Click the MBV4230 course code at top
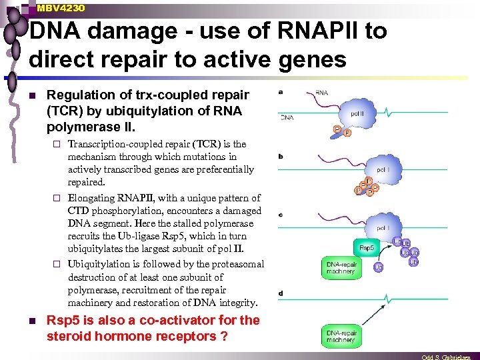(x=61, y=7)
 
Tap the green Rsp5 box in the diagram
(x=367, y=247)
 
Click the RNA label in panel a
(x=321, y=93)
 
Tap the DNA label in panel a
(x=286, y=117)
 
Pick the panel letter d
(x=280, y=293)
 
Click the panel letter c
(x=280, y=214)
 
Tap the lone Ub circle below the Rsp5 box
(x=378, y=267)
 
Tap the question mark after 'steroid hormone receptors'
(x=223, y=337)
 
